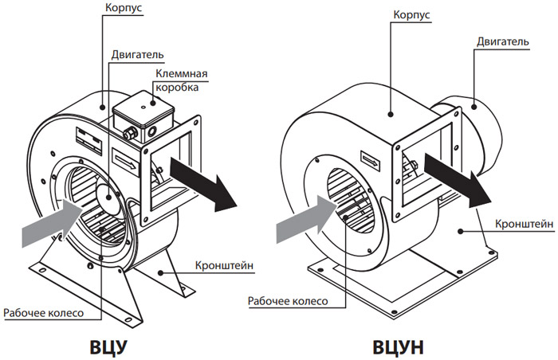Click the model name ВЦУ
108,347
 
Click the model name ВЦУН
399,347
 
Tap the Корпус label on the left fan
124,8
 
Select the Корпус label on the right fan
411,15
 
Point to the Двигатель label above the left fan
137,55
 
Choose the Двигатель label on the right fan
503,41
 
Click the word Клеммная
182,74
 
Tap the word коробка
177,87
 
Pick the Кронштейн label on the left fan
225,265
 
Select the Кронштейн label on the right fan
525,224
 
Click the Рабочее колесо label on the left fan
43,313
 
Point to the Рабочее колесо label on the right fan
288,301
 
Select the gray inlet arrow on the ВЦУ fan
53,223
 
